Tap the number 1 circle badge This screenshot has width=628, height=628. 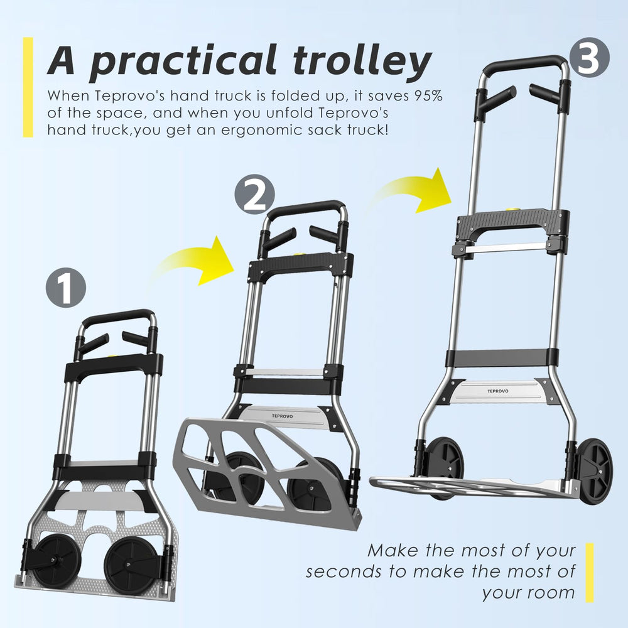pos(66,288)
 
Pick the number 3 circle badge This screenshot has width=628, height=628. pos(589,58)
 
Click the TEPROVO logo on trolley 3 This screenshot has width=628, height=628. pos(498,391)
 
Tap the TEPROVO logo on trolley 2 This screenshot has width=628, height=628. pos(283,416)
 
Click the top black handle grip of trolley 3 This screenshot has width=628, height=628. pos(524,64)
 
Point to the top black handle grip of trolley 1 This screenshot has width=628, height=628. pos(118,316)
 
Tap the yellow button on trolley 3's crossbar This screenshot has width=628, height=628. pos(513,208)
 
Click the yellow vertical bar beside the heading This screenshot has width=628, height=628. pos(28,87)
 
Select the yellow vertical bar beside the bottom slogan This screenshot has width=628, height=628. pos(589,573)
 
